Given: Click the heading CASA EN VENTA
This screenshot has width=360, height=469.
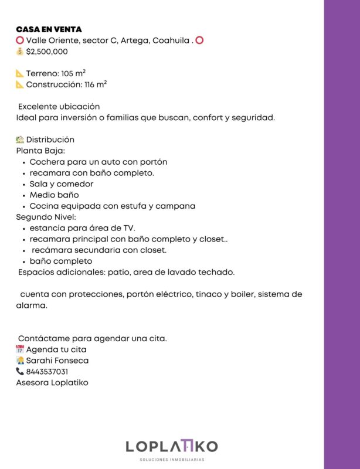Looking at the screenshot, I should point(49,29).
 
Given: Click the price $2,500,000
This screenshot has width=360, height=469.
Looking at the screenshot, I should point(47,52).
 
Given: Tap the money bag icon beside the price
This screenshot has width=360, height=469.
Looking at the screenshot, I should point(20,52).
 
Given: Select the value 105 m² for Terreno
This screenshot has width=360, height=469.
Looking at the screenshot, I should point(73,73).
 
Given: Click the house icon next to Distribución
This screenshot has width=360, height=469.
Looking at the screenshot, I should point(20,140).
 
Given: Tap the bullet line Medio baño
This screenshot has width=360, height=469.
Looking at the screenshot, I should point(54,195).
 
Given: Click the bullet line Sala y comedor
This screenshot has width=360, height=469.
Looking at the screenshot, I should point(61,184).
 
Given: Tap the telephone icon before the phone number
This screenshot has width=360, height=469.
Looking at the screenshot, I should point(20,372).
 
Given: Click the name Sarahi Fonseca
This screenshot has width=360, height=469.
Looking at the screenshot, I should point(57,361).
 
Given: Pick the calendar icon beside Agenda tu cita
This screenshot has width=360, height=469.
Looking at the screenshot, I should point(20,349).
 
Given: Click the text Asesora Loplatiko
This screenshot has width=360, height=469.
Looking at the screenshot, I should point(52,383).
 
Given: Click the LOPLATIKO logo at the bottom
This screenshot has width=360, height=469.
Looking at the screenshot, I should point(171,447).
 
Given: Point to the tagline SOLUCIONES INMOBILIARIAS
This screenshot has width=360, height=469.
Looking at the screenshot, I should point(171,460).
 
